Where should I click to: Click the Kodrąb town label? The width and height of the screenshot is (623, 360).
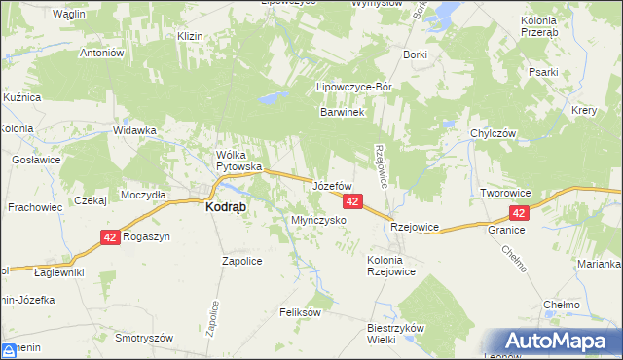pos(225,207)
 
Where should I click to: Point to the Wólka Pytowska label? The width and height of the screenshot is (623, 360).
pos(239,161)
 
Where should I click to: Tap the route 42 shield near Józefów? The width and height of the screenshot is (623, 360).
pos(352,201)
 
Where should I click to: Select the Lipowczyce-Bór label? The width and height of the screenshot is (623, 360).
pos(354,88)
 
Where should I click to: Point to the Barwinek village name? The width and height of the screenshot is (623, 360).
pos(342,113)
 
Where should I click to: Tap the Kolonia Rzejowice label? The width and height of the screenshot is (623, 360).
pos(391,266)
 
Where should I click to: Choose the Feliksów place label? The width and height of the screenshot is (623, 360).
pos(300,312)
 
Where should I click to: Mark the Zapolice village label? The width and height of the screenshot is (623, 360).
pos(242,261)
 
